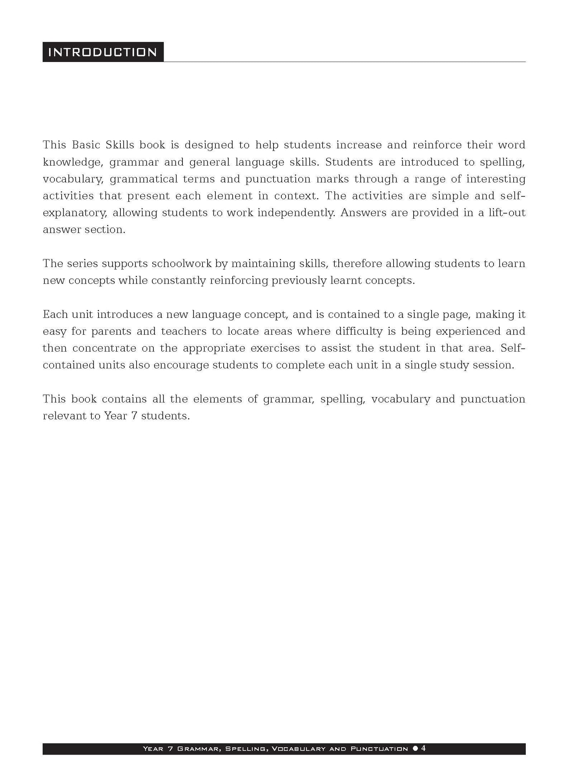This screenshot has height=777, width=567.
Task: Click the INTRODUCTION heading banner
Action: [x=103, y=52]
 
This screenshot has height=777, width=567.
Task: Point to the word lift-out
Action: [x=507, y=213]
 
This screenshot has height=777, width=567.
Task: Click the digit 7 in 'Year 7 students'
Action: [x=134, y=416]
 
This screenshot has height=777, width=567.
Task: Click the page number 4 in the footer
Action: [x=423, y=748]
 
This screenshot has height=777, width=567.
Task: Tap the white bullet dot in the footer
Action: [x=416, y=749]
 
